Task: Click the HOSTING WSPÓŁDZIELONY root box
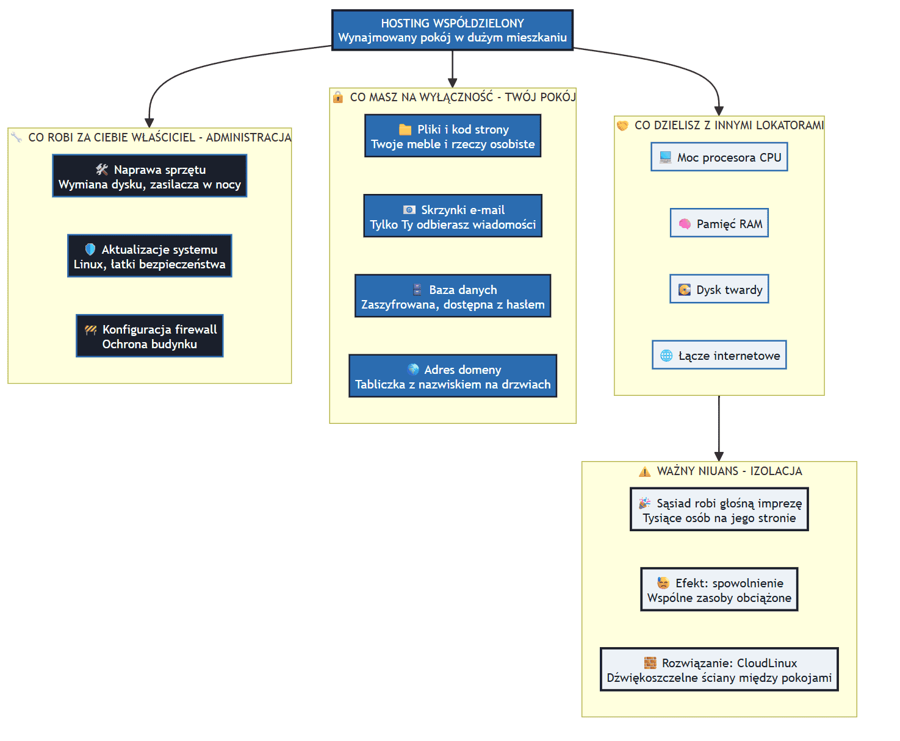pyautogui.click(x=452, y=30)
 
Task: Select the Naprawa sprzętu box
pyautogui.click(x=149, y=176)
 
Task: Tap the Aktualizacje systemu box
pyautogui.click(x=149, y=256)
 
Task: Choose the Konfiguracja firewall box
pyautogui.click(x=149, y=335)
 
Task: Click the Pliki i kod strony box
pyautogui.click(x=453, y=136)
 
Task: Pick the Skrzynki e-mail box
pyautogui.click(x=453, y=216)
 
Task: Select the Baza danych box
pyautogui.click(x=453, y=296)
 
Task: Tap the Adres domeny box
pyautogui.click(x=453, y=376)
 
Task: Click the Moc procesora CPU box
pyautogui.click(x=719, y=157)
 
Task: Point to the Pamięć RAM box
pyautogui.click(x=719, y=223)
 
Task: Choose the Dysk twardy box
pyautogui.click(x=719, y=288)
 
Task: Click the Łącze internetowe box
pyautogui.click(x=719, y=354)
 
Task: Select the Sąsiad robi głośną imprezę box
pyautogui.click(x=719, y=509)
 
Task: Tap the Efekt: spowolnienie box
pyautogui.click(x=719, y=589)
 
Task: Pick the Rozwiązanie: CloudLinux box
pyautogui.click(x=719, y=669)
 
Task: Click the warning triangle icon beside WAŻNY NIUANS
pyautogui.click(x=644, y=471)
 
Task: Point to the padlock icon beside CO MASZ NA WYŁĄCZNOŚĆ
pyautogui.click(x=338, y=97)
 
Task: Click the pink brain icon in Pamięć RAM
pyautogui.click(x=685, y=224)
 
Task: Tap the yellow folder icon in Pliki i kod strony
pyautogui.click(x=405, y=129)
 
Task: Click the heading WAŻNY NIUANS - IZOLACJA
pyautogui.click(x=729, y=471)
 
